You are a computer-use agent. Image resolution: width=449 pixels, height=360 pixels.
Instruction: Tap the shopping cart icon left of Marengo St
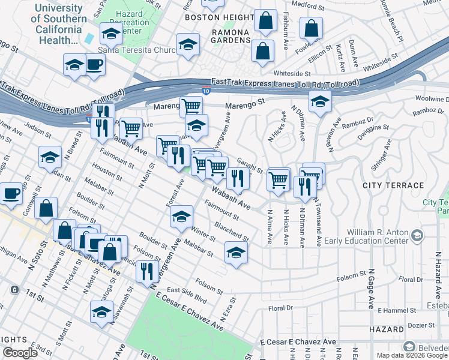191,106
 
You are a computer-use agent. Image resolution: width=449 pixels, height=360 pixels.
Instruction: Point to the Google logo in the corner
20,353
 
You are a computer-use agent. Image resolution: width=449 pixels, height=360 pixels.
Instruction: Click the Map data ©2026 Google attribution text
412,355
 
